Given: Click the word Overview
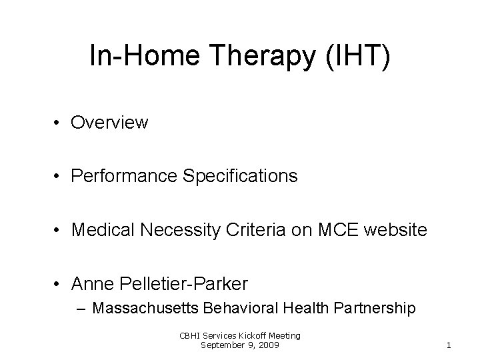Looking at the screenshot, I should point(110,123).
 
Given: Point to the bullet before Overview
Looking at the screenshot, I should point(60,123).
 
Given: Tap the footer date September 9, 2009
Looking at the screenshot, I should point(240,345).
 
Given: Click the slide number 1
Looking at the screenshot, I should point(449,345).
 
